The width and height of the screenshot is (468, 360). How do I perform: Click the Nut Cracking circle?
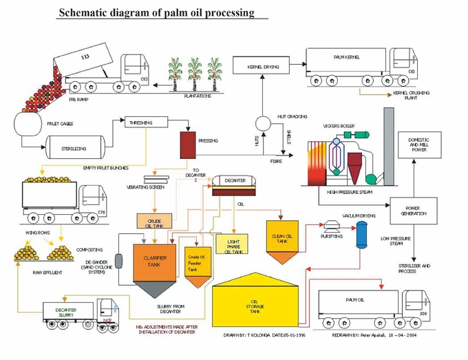pos(262,123)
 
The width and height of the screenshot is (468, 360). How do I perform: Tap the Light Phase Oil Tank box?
pos(233,244)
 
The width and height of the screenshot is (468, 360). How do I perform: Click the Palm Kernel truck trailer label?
pos(346,57)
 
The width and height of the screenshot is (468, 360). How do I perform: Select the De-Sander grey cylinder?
pos(119,262)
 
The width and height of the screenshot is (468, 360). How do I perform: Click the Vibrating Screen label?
pos(146,186)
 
